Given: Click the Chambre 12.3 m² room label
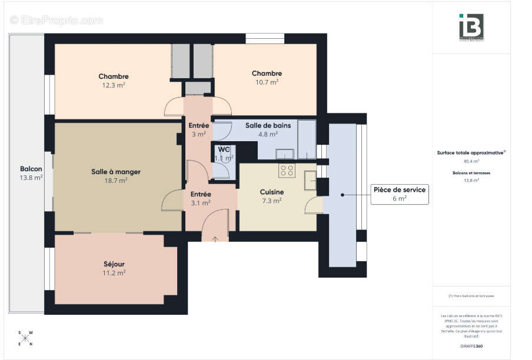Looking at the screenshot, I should [114, 80].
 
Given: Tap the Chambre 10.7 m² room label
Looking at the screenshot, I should [267, 77].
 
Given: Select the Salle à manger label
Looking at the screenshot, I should [115, 176].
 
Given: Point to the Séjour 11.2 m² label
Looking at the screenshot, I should [114, 268].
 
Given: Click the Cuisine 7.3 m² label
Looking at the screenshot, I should [272, 196].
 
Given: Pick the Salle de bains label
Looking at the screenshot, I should [268, 129].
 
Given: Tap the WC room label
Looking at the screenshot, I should [224, 153].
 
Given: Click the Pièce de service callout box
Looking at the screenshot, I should [399, 194].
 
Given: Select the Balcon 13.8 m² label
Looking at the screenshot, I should [31, 172].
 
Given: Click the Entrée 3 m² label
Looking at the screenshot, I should [198, 129].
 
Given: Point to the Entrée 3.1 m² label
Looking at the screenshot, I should [201, 198].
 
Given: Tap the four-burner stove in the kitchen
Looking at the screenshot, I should [287, 171].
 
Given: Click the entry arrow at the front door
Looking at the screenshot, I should [215, 239].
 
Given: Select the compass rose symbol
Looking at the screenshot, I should [25, 338].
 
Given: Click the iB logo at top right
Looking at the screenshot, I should [471, 27].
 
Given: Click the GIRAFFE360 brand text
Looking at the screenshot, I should [471, 346].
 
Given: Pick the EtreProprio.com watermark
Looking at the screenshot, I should [56, 20].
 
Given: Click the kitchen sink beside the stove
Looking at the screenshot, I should [310, 180].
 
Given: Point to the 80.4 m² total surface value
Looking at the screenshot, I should [471, 161].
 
